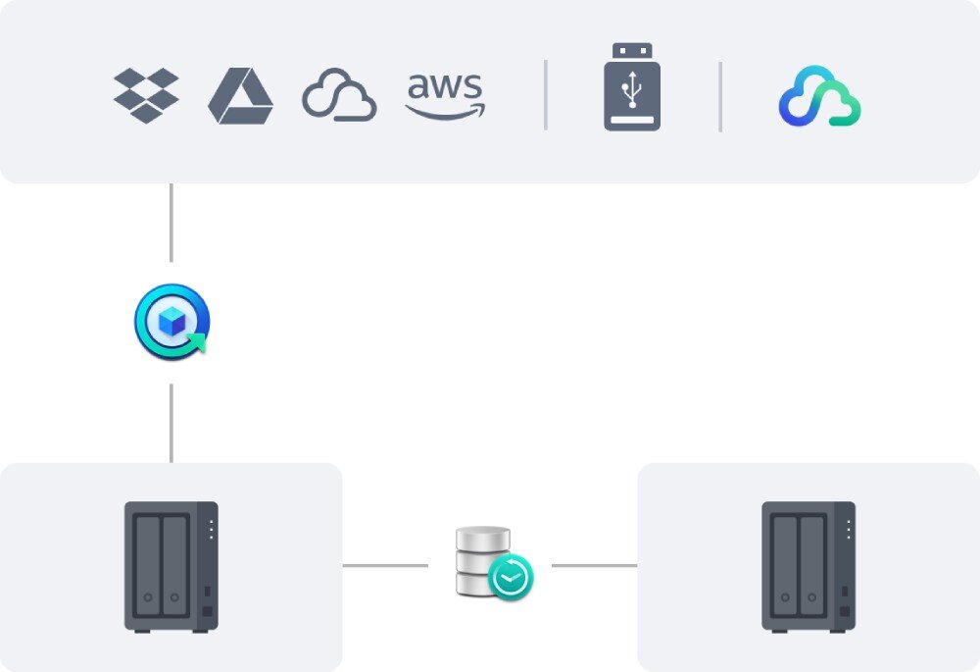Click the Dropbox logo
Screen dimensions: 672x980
pos(146,95)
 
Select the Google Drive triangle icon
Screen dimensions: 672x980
pos(240,96)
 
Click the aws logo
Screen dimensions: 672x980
pos(445,95)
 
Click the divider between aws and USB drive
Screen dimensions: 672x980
pos(546,95)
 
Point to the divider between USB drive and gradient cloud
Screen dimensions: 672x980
pos(720,95)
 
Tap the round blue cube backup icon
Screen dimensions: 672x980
pos(171,323)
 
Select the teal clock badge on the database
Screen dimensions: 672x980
pos(511,578)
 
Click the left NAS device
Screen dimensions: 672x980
pos(171,566)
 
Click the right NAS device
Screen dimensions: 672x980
pos(808,566)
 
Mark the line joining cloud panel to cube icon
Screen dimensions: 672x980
pos(171,223)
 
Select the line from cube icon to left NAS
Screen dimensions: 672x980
pos(171,422)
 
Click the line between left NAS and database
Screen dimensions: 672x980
pos(384,565)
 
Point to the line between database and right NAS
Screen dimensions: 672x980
pos(594,565)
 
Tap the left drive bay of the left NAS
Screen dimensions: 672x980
pos(147,562)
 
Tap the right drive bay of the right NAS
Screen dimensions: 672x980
pos(810,562)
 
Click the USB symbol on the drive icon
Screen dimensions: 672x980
pos(632,90)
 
